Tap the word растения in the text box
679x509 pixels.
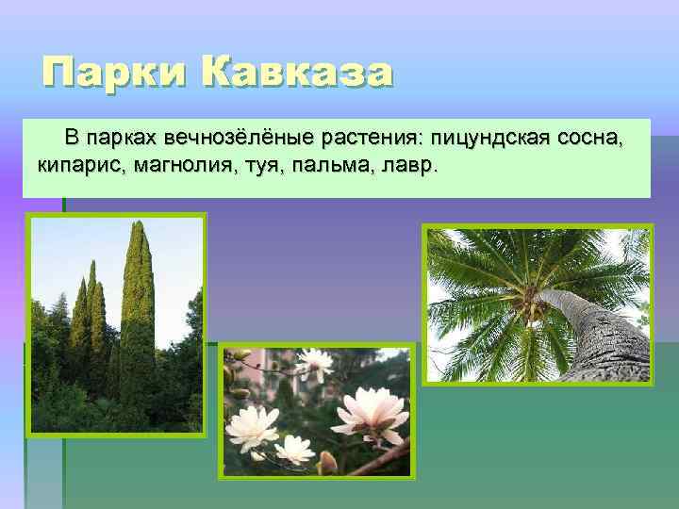pyautogui.click(x=370, y=139)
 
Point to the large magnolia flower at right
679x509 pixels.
pyautogui.click(x=371, y=415)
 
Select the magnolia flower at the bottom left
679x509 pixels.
pyautogui.click(x=253, y=429)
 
